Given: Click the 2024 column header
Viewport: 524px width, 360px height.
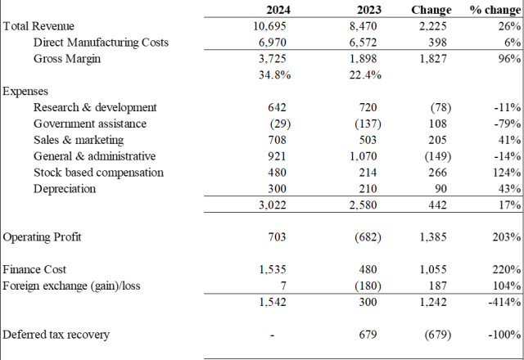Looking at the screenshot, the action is tap(278, 10).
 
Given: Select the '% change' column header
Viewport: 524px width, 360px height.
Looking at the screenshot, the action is tap(495, 10).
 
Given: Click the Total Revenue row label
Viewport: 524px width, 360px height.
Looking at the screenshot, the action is tap(38, 26).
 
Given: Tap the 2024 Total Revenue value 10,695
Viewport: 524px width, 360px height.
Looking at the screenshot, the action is tap(269, 26).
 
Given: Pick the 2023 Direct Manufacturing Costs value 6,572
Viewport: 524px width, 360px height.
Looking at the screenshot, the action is tap(363, 43).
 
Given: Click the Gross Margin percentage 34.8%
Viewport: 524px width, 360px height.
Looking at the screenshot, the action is tap(275, 74).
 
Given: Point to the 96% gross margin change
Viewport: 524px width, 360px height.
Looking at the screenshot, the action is tap(509, 58).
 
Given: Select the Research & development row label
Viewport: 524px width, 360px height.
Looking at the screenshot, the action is tap(95, 107).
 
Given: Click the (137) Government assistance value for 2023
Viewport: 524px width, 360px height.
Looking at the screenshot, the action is tap(368, 124).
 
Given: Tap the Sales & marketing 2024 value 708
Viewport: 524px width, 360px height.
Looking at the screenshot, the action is tap(277, 140).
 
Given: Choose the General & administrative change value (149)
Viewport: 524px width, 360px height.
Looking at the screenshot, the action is tap(438, 156).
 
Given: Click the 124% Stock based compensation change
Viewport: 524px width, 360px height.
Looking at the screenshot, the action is tap(507, 173).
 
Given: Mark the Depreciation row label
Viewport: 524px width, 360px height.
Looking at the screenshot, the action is tap(65, 189).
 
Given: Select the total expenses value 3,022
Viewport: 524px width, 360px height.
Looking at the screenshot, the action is tap(273, 205).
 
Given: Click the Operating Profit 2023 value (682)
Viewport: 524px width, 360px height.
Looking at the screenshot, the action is tap(368, 237).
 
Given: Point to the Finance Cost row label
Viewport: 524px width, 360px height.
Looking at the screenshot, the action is tap(34, 269).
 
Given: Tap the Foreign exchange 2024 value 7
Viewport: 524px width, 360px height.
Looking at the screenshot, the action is tap(283, 286).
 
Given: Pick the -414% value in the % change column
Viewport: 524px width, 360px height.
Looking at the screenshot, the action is tap(504, 302).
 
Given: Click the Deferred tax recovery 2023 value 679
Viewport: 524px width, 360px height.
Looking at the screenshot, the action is tap(368, 335).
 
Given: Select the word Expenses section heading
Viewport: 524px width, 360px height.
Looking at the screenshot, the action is tap(25, 92).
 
